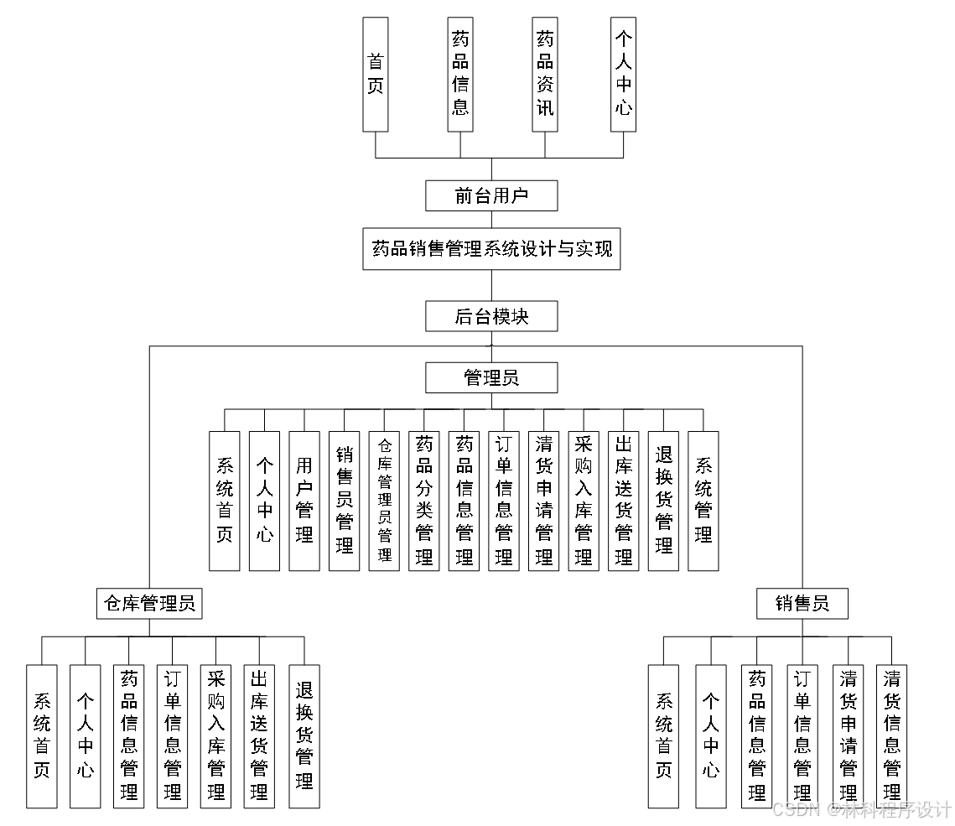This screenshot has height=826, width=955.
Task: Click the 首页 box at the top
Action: [375, 74]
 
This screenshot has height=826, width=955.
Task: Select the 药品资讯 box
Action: [545, 74]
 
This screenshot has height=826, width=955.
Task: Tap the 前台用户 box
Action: [491, 196]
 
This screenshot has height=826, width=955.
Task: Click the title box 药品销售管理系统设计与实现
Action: [491, 249]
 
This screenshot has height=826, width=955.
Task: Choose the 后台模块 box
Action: [491, 316]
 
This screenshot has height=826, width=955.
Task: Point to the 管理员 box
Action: [491, 377]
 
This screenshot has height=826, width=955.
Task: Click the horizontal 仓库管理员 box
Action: [149, 603]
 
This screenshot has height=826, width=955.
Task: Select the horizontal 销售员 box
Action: [802, 603]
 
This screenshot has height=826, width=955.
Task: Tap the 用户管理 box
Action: [304, 501]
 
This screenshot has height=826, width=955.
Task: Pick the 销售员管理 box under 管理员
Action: [345, 501]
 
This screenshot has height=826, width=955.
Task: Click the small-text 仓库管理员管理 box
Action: [384, 501]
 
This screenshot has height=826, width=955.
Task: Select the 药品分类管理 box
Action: [424, 501]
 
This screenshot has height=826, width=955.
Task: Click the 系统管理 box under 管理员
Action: [703, 501]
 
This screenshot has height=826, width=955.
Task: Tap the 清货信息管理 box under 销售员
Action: [892, 735]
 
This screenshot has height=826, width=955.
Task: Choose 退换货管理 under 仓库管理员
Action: [304, 735]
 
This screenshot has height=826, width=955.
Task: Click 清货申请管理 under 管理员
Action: [544, 501]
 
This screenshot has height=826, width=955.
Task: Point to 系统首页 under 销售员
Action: [663, 735]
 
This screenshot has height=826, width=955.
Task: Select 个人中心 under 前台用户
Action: [623, 74]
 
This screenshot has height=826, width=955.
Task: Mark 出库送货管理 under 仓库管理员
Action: [260, 735]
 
